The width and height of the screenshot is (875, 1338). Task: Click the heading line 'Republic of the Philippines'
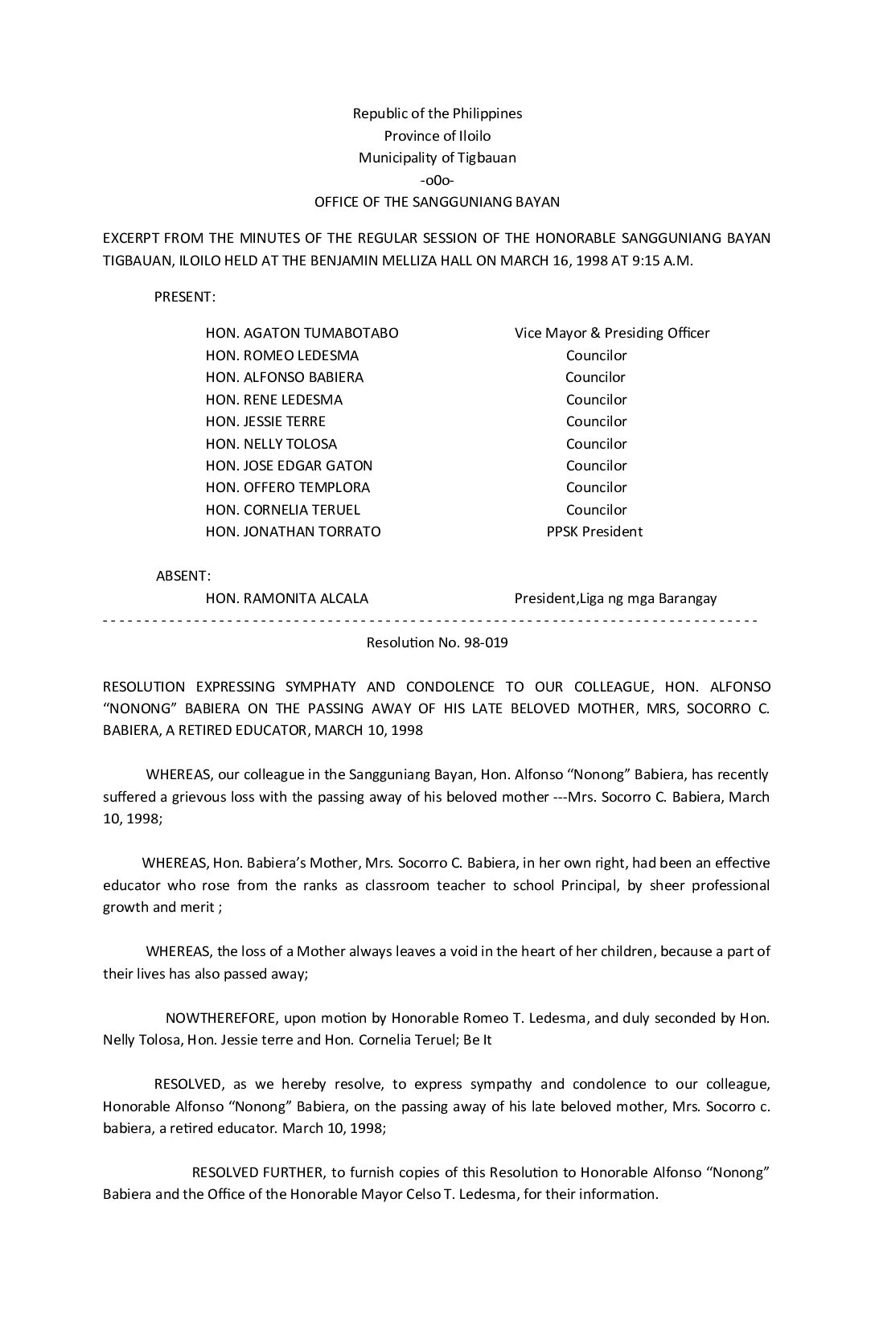[437, 113]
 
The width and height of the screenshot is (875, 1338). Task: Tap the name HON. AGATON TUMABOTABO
[302, 333]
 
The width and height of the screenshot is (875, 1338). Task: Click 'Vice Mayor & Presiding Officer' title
[612, 333]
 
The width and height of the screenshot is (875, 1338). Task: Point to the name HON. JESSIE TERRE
[265, 421]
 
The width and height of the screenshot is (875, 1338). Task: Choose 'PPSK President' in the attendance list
[594, 532]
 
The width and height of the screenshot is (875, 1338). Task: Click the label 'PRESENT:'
[185, 297]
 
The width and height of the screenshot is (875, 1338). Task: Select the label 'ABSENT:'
[183, 576]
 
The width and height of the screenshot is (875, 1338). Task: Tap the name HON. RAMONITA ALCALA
[287, 598]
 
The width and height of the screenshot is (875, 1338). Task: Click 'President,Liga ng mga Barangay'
[615, 598]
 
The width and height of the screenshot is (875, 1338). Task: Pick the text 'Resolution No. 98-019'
[437, 642]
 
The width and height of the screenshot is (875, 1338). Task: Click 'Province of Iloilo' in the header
[437, 136]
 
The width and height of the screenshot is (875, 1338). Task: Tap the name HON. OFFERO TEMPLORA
[287, 487]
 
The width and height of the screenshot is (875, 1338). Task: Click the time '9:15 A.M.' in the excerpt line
[664, 261]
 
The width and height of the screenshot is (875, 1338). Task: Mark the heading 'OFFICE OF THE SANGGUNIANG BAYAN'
[437, 202]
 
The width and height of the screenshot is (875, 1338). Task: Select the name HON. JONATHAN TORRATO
[293, 532]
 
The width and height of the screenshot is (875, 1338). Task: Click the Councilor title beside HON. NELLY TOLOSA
[596, 444]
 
